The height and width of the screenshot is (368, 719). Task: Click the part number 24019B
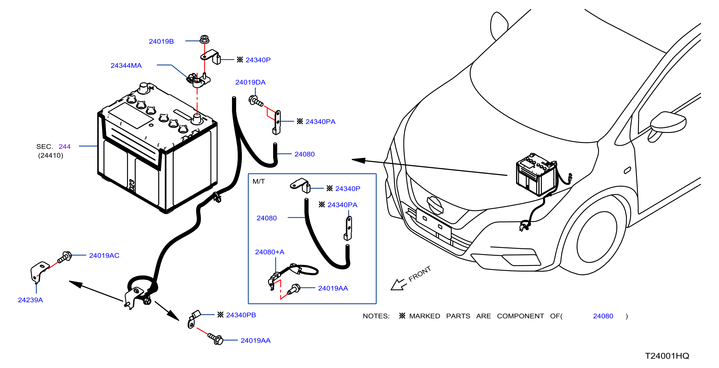pyautogui.click(x=161, y=41)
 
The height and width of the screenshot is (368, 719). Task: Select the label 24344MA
pyautogui.click(x=126, y=65)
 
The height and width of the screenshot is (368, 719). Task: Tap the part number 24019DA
pyautogui.click(x=250, y=82)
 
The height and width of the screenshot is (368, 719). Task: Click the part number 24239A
pyautogui.click(x=30, y=300)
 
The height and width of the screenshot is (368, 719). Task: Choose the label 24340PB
pyautogui.click(x=241, y=315)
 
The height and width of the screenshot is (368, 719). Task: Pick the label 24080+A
pyautogui.click(x=269, y=252)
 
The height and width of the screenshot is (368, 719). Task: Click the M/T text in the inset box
pyautogui.click(x=259, y=181)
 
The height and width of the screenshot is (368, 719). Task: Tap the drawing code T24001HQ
pyautogui.click(x=667, y=356)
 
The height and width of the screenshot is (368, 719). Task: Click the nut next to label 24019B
pyautogui.click(x=205, y=39)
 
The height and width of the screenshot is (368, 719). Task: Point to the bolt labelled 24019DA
pyautogui.click(x=256, y=101)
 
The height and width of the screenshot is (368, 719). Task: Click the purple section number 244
pyautogui.click(x=65, y=147)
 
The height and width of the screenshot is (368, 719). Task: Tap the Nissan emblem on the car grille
pyautogui.click(x=435, y=205)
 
